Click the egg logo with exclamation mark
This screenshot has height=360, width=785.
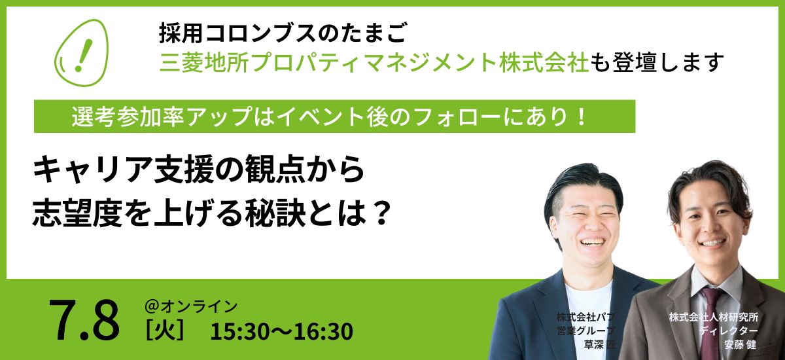82,52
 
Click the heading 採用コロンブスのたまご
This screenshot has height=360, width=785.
283,33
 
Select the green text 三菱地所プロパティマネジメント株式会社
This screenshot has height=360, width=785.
374,63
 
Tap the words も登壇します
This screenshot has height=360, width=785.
656,63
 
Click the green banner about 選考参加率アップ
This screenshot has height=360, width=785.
335,117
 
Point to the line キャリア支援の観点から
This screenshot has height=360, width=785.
198,170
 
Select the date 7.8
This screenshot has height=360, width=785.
84,320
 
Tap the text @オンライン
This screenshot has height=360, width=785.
191,306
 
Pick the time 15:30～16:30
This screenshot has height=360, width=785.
281,331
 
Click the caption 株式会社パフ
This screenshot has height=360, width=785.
585,317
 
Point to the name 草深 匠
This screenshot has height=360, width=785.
599,344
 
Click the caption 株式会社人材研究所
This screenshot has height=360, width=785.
714,317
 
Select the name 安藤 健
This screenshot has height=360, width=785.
740,344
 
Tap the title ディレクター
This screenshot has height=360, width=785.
728,331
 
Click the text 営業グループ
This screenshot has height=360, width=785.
585,331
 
